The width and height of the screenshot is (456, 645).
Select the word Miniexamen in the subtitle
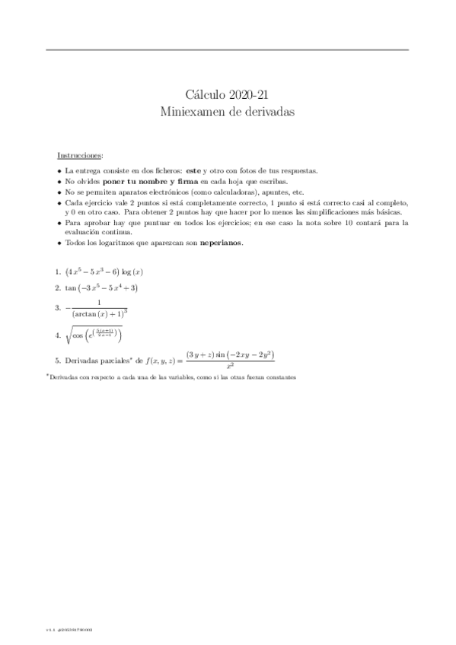pyautogui.click(x=188, y=111)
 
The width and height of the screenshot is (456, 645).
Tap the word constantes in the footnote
pyautogui.click(x=277, y=377)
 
